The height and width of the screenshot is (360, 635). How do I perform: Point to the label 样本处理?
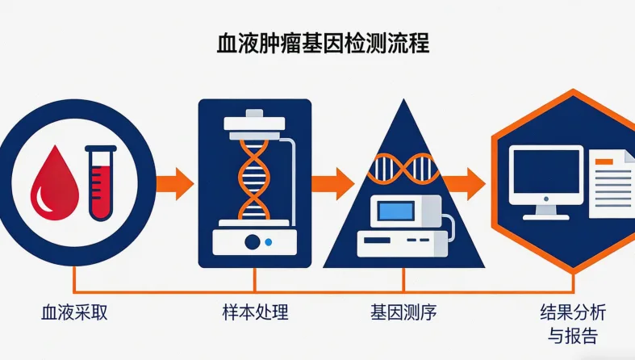[x=255, y=312]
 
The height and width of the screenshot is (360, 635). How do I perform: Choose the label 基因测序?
[x=403, y=312]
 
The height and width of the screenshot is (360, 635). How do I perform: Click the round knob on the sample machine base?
[x=253, y=241]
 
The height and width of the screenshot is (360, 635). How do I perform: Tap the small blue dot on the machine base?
[x=269, y=241]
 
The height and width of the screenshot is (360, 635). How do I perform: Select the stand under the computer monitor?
[x=546, y=211]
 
